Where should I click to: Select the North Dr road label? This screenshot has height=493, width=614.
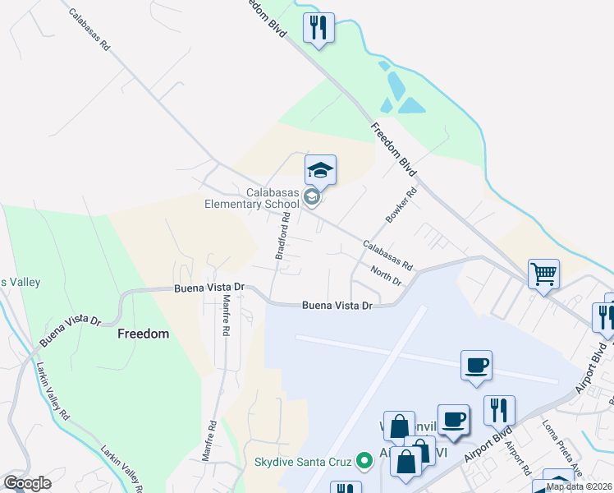tap(385, 276)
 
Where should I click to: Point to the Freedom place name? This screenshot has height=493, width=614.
tap(143, 334)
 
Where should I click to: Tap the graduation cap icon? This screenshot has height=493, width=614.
tap(320, 171)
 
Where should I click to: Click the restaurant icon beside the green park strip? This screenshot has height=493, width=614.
tap(318, 27)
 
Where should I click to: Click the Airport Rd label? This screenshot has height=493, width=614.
tap(516, 458)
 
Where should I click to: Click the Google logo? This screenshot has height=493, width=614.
tap(27, 483)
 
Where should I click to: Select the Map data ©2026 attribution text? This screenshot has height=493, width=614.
tap(580, 486)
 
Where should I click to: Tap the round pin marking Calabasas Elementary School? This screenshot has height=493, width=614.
tap(311, 197)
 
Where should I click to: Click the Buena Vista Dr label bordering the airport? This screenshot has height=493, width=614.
tap(337, 305)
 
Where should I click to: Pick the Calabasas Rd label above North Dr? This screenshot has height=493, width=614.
tap(387, 256)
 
